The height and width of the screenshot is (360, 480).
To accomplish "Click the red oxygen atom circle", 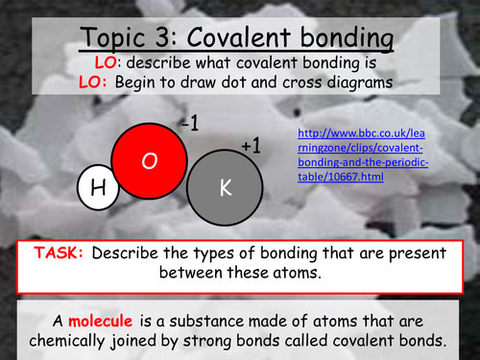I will [149, 162].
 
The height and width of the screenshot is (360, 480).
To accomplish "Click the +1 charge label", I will [251, 146].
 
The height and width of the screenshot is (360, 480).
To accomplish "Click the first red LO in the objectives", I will [108, 63].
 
